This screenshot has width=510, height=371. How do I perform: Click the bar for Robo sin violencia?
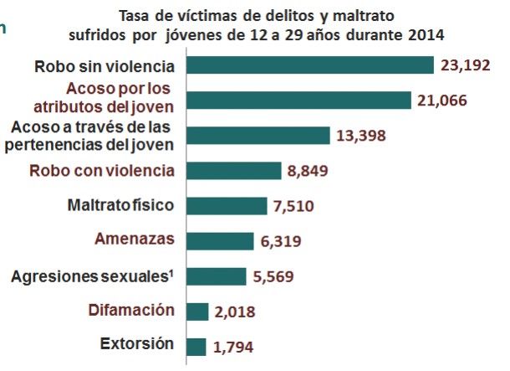coord(310,66)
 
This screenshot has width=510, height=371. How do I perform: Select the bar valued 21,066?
coord(299,100)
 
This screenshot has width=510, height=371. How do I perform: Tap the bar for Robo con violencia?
coord(234,171)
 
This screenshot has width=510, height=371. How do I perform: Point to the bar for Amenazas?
coord(220,241)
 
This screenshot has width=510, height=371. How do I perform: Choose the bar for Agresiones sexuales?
coord(217,276)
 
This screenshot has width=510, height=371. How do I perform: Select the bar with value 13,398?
coord(258,136)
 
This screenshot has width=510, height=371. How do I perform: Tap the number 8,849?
coord(309,172)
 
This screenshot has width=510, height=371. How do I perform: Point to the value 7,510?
coord(294,207)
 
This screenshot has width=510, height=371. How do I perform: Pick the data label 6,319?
coord(282,242)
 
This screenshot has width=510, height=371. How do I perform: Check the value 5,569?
coord(275,277)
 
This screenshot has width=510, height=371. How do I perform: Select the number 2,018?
coord(235,312)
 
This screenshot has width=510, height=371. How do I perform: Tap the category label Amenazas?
coord(136,240)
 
